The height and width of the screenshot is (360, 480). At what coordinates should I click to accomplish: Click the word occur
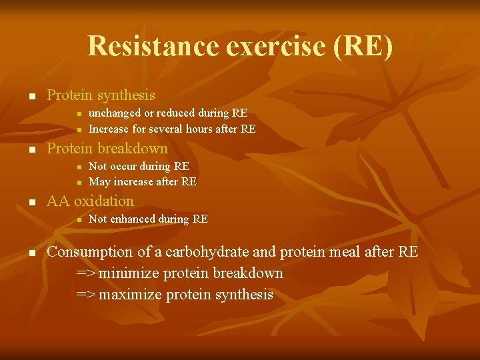(126, 166)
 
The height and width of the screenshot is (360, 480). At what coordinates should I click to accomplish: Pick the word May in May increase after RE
(99, 181)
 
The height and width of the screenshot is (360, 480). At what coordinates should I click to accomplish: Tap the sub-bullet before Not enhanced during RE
(78, 219)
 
